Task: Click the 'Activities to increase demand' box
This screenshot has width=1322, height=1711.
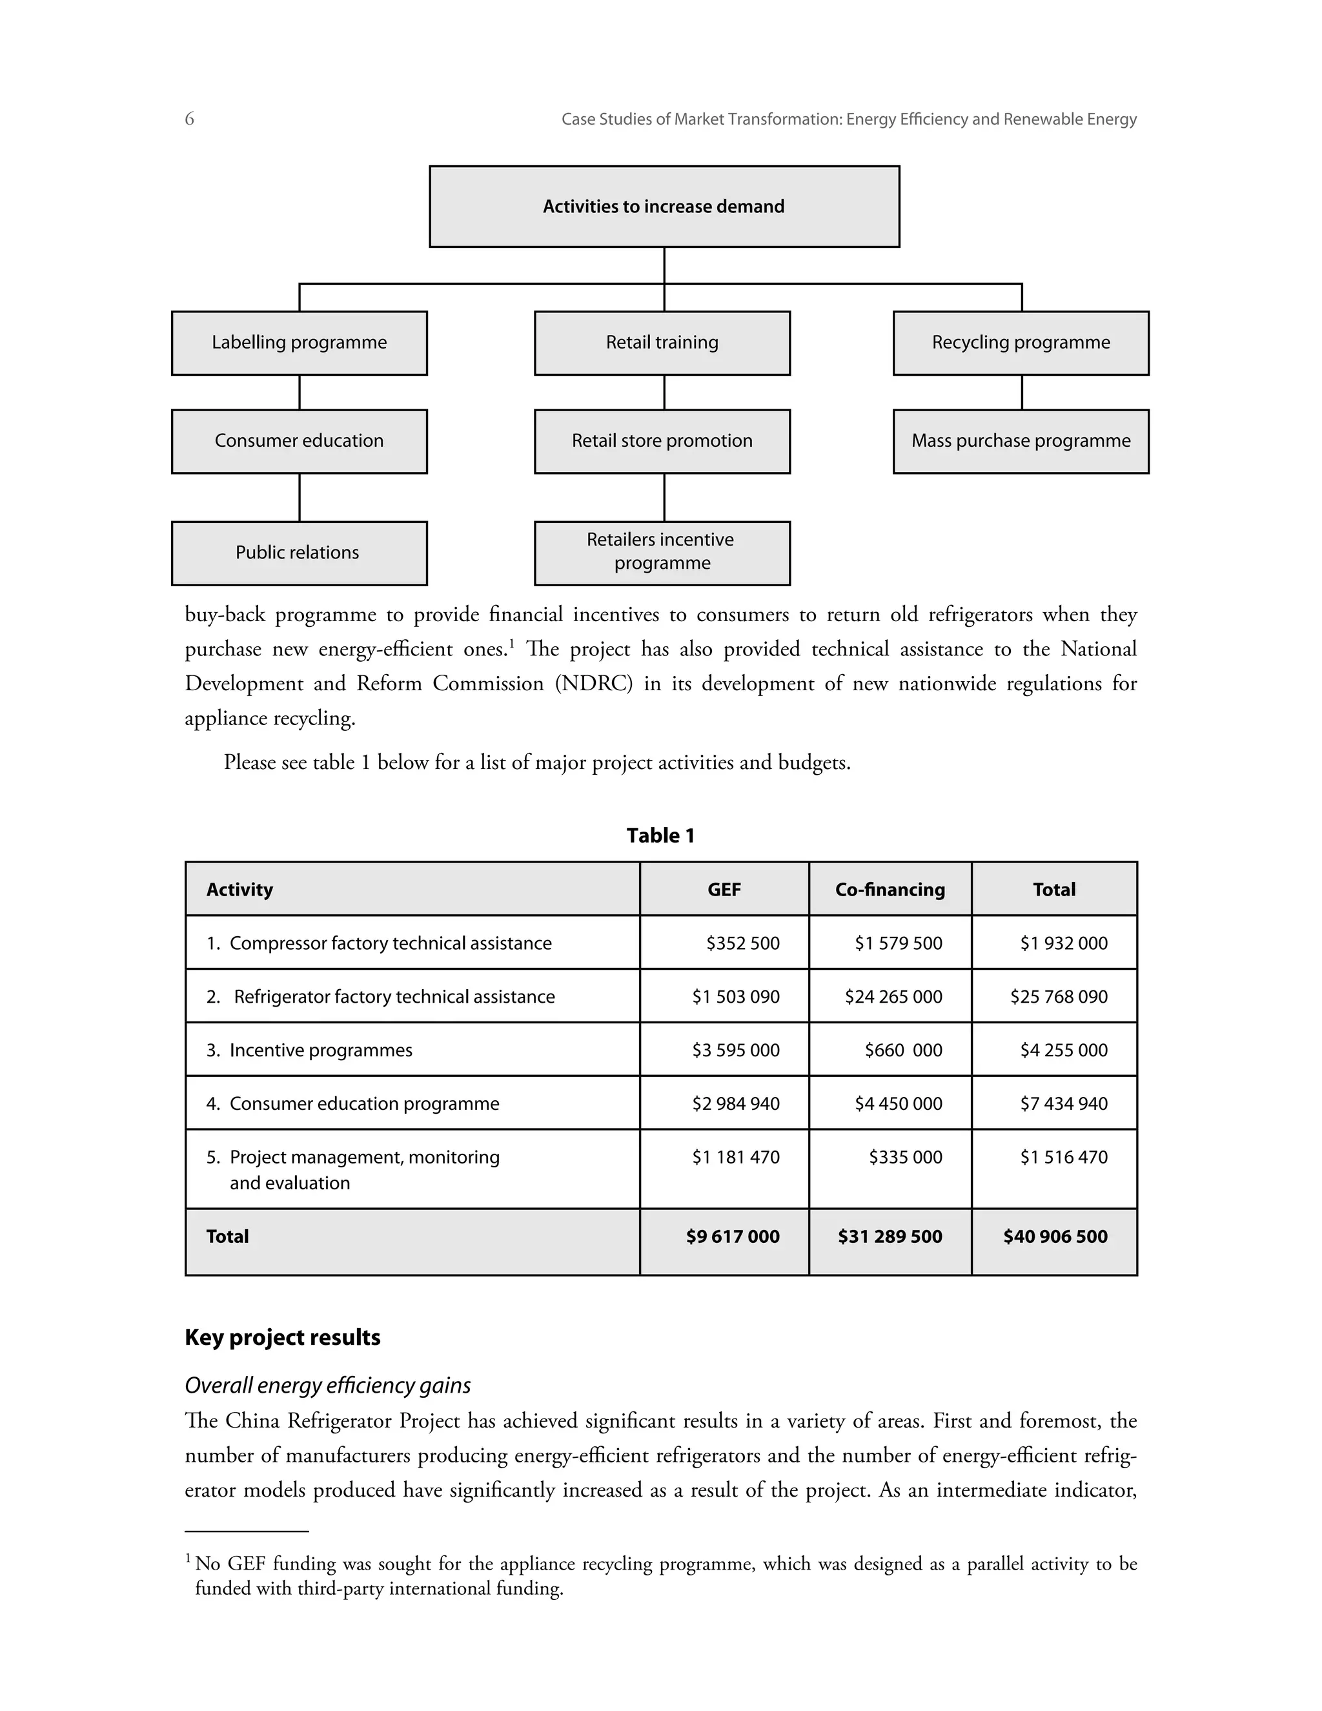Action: (664, 207)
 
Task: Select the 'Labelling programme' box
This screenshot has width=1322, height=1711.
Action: (299, 343)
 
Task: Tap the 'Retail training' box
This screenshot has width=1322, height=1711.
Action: (662, 343)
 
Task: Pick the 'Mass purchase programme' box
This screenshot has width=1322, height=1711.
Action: (1021, 441)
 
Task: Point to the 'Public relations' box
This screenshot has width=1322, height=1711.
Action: (299, 553)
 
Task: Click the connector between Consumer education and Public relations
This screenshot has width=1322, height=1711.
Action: (299, 497)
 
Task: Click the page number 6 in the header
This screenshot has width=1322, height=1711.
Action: (190, 119)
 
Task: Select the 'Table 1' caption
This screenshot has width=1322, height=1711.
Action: (660, 836)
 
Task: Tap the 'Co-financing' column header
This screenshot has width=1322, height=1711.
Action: (890, 890)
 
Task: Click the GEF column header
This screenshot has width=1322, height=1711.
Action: (724, 890)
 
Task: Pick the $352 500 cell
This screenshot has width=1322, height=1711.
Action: (742, 943)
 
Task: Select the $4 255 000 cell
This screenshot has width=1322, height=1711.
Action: (1064, 1050)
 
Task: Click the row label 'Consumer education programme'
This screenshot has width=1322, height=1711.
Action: (363, 1104)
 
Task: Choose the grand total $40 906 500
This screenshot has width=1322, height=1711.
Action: (1055, 1237)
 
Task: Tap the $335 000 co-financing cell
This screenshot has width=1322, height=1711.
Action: (906, 1157)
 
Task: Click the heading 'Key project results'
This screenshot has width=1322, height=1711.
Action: (283, 1337)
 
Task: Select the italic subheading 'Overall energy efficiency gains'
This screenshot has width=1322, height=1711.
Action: (327, 1386)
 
